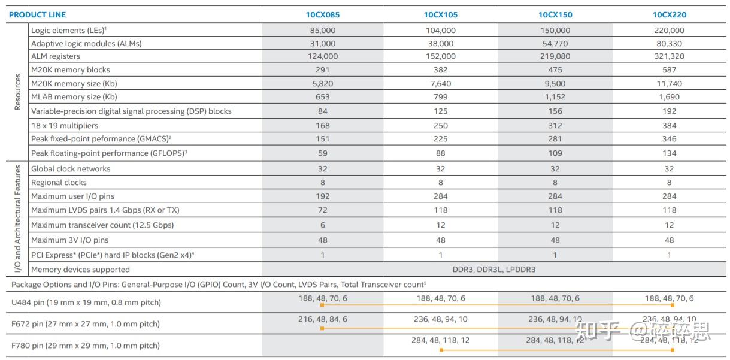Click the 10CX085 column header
pos(322,14)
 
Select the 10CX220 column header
pos(669,14)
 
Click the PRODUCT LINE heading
pos(38,14)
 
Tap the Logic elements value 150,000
pos(555,30)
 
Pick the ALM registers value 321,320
pos(669,56)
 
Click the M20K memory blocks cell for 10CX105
pos(440,70)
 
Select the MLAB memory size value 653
pos(322,97)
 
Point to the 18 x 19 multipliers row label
pos(65,126)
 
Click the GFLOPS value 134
pos(669,153)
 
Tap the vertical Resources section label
pos(17,92)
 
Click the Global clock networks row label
pos(71,169)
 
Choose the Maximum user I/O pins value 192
pos(322,196)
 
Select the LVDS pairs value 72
pos(322,210)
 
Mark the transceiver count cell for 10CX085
pos(322,225)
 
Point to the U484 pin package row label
pos(86,302)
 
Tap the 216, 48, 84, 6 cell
pos(322,319)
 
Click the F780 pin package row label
pos(86,346)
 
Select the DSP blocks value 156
pos(555,111)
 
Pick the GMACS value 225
pos(440,139)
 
